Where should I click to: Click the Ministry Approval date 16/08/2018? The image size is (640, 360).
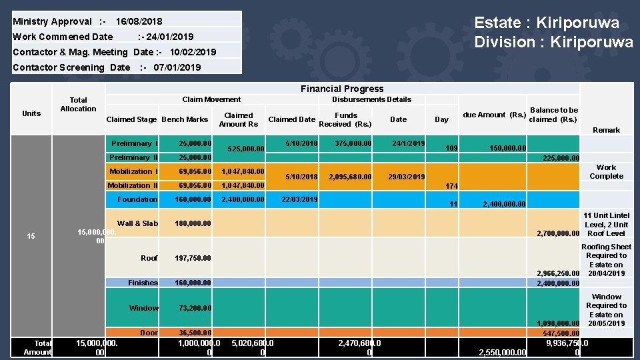coord(139,21)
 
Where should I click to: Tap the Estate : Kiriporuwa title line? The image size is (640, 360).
coord(546,23)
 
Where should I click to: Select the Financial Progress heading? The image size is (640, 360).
coord(342,89)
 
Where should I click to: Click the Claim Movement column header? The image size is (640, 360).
coord(211,99)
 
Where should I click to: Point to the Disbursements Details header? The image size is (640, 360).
coord(371,99)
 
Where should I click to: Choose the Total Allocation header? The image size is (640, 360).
coord(78,104)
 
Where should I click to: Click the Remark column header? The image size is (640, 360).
coord(606,130)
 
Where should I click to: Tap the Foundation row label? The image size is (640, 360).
coord(137,199)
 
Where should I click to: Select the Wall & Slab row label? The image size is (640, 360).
coord(137,223)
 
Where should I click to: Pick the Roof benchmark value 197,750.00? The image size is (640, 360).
coord(193,258)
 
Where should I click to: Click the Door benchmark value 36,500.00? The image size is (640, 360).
coord(195,333)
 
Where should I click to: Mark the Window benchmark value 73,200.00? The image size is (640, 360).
coord(195,308)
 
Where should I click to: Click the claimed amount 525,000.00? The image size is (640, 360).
coord(246,149)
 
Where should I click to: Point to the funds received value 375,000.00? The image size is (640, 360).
coord(353,143)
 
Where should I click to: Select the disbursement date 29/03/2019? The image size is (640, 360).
coord(406,177)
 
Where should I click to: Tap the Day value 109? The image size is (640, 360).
coord(451,148)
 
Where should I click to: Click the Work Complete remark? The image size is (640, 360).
coord(606,172)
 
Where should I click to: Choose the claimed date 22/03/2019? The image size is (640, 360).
coord(299,199)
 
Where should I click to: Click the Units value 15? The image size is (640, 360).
coord(31,236)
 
